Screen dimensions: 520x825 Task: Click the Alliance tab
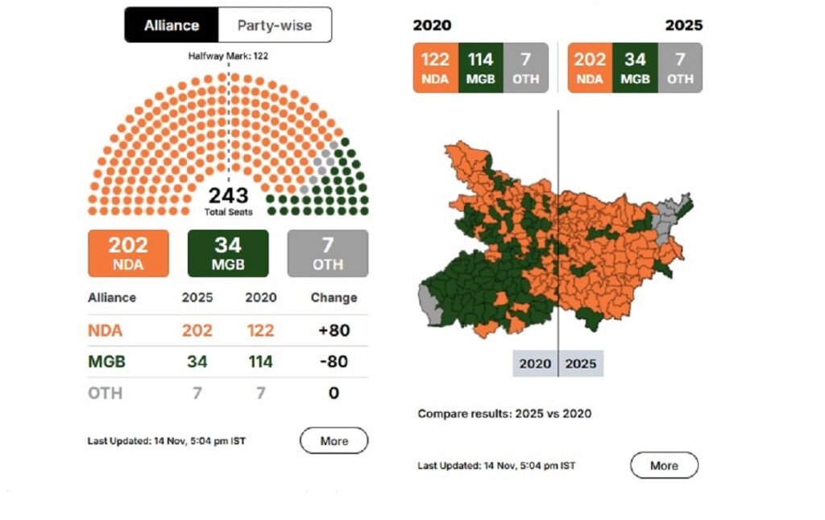(171, 25)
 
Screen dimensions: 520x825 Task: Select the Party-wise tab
(274, 25)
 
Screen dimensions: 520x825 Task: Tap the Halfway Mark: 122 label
(228, 56)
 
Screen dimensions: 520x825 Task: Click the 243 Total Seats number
(228, 196)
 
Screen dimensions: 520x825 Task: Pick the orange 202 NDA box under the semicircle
(128, 253)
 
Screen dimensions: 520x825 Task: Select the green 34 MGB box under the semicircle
(228, 253)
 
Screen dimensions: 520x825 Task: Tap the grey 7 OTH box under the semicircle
(327, 253)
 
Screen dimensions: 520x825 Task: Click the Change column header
(334, 297)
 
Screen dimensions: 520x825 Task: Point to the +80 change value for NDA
(334, 331)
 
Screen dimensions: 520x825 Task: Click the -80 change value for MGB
(334, 362)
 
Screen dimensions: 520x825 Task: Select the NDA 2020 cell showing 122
(260, 331)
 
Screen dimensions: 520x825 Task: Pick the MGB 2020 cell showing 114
(260, 362)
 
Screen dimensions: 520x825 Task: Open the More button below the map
(664, 465)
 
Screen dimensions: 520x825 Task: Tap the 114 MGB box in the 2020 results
(480, 68)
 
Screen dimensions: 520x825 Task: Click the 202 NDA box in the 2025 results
(590, 68)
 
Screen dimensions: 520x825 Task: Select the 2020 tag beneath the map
(535, 364)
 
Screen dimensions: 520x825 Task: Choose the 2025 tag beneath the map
(581, 364)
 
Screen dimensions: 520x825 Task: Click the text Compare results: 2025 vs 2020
(504, 414)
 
